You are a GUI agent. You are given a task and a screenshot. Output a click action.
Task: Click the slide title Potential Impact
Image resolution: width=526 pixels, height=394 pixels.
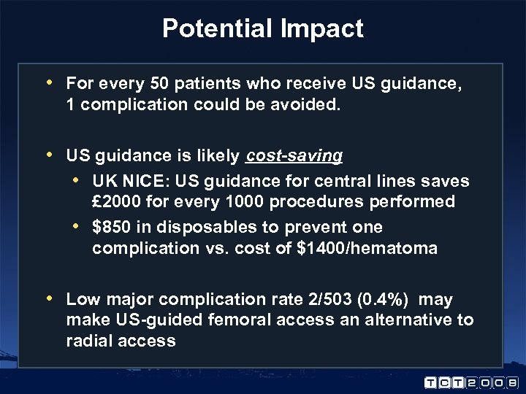[x=262, y=28]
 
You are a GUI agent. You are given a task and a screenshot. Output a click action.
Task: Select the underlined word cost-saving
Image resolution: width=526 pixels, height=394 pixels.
[x=294, y=155]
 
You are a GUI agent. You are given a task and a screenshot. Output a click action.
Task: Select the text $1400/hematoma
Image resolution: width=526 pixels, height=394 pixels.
[x=367, y=249]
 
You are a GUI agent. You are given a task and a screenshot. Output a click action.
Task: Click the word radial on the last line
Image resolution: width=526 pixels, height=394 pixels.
[x=90, y=341]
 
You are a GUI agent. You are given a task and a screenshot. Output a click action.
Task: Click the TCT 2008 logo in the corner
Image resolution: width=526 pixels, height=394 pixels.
[x=470, y=381]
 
